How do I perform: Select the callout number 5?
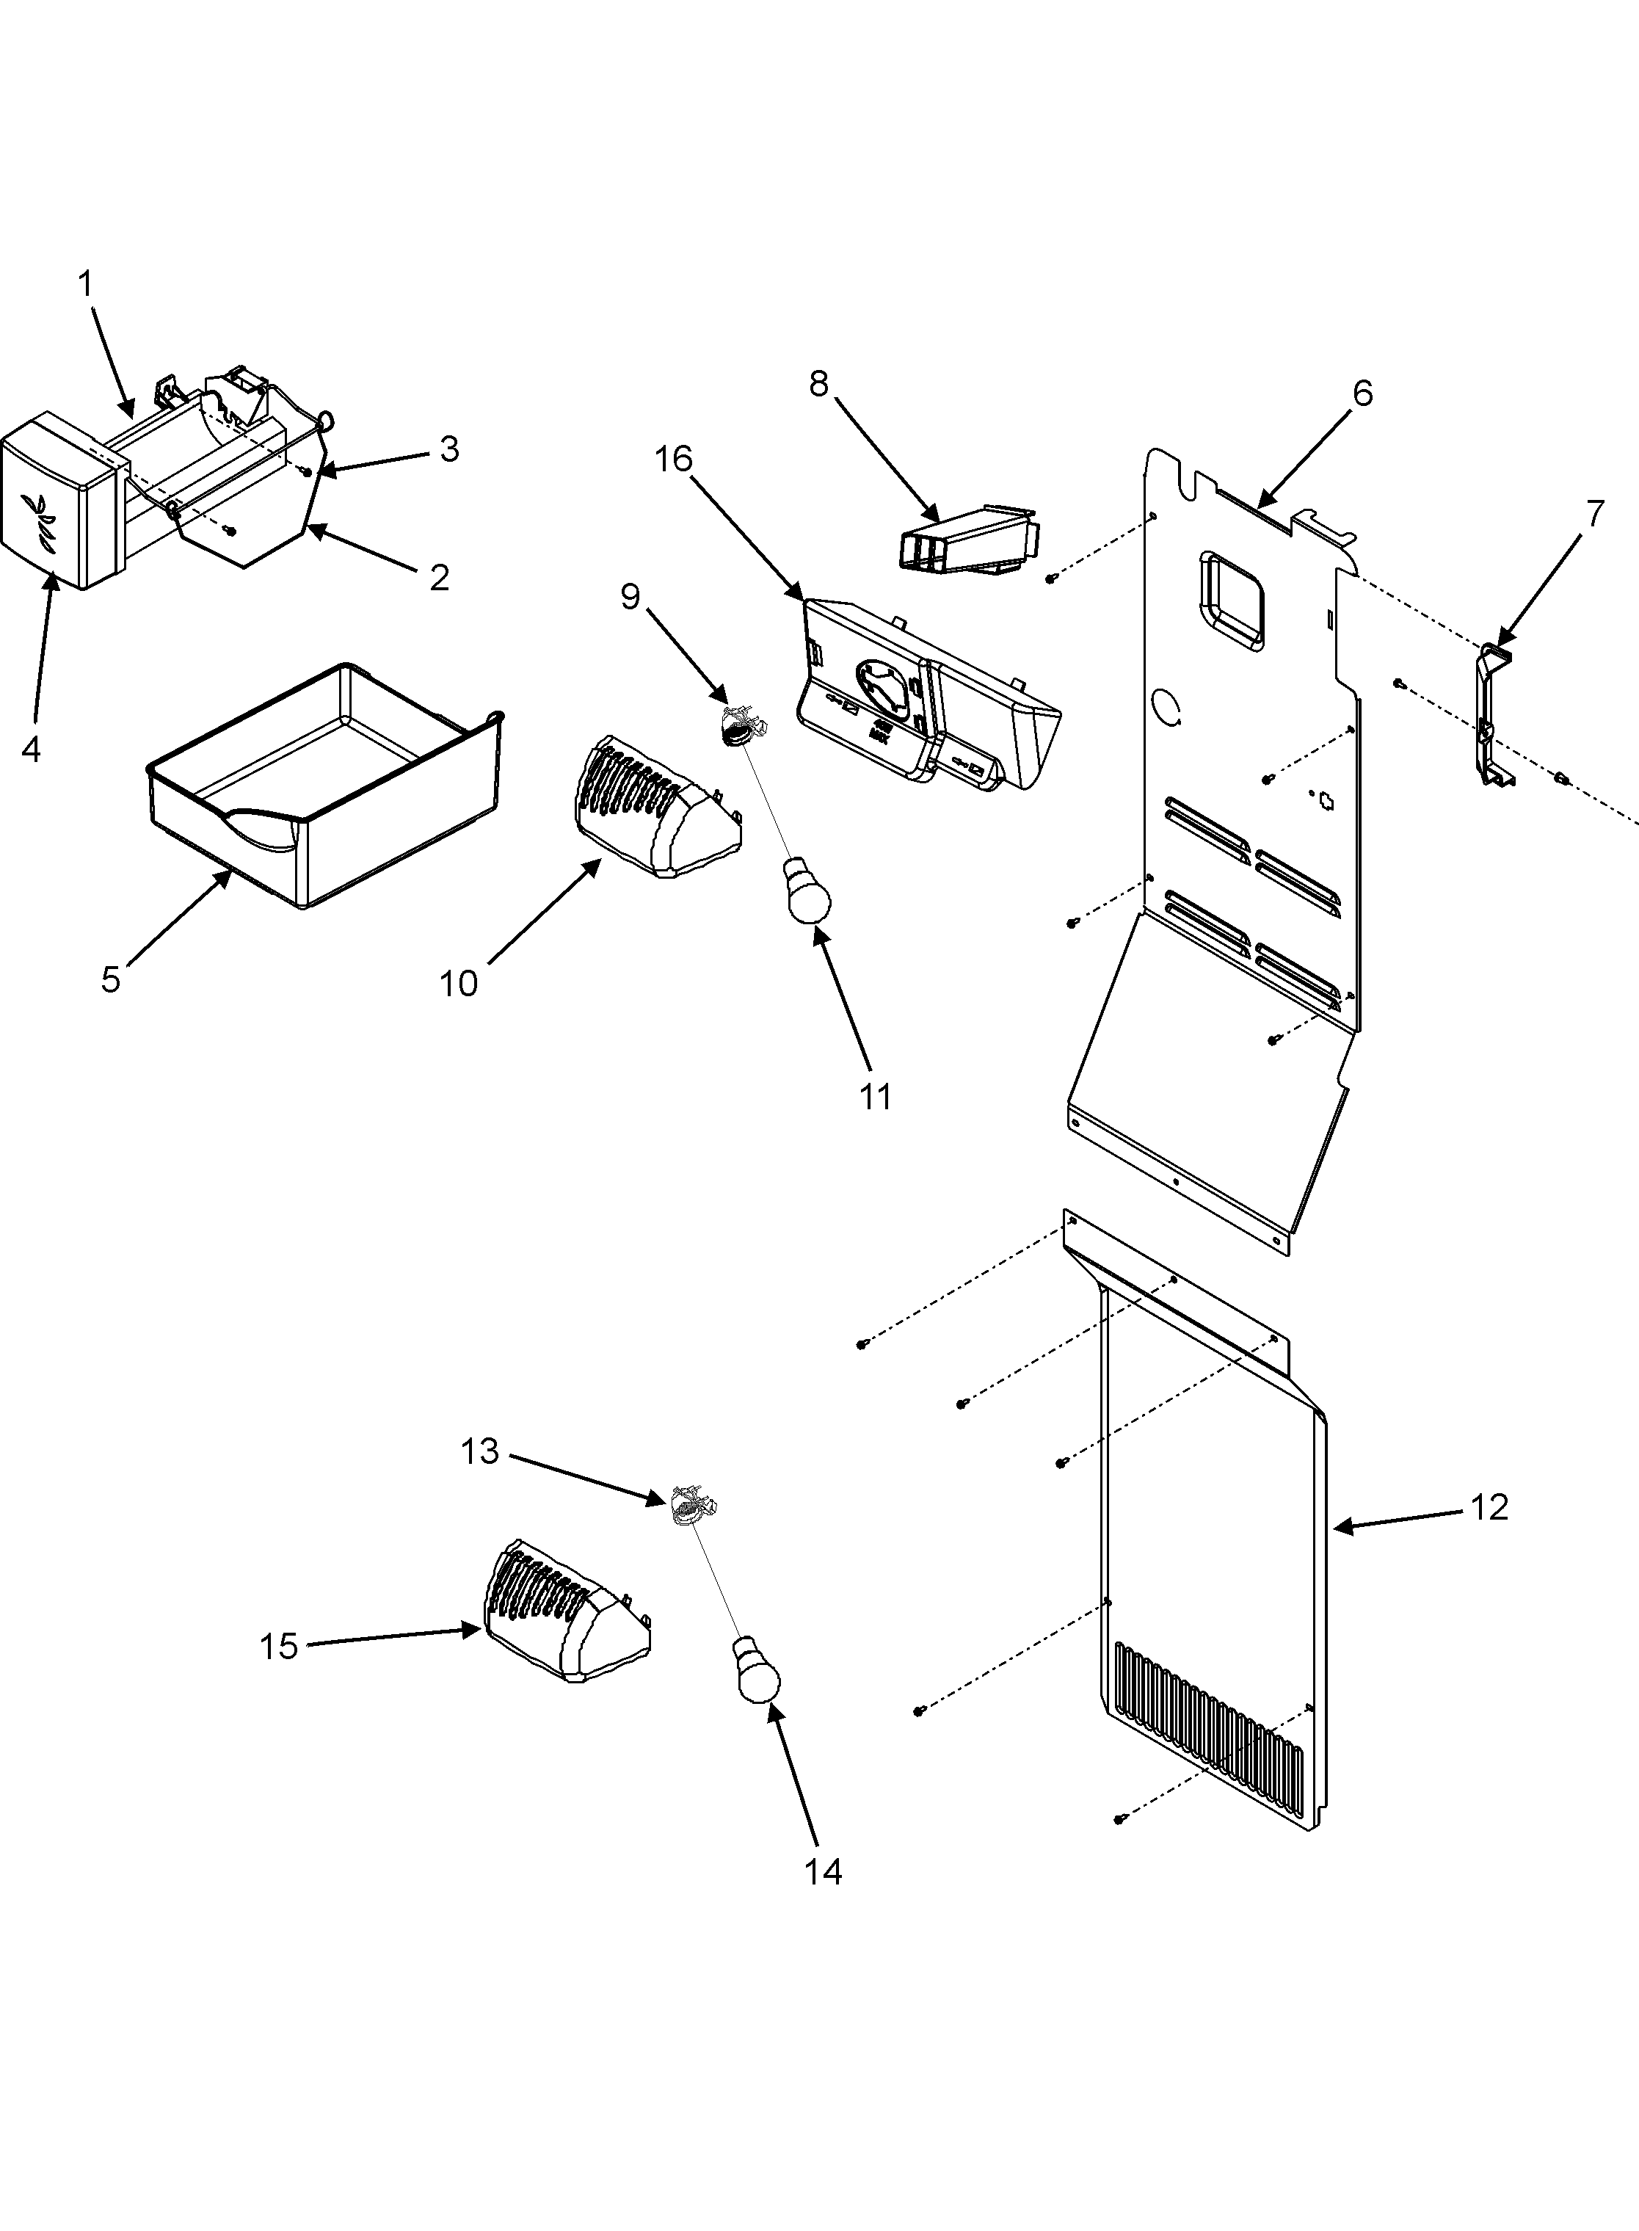click(110, 979)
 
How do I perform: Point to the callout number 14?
click(823, 1871)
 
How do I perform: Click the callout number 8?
click(818, 384)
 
